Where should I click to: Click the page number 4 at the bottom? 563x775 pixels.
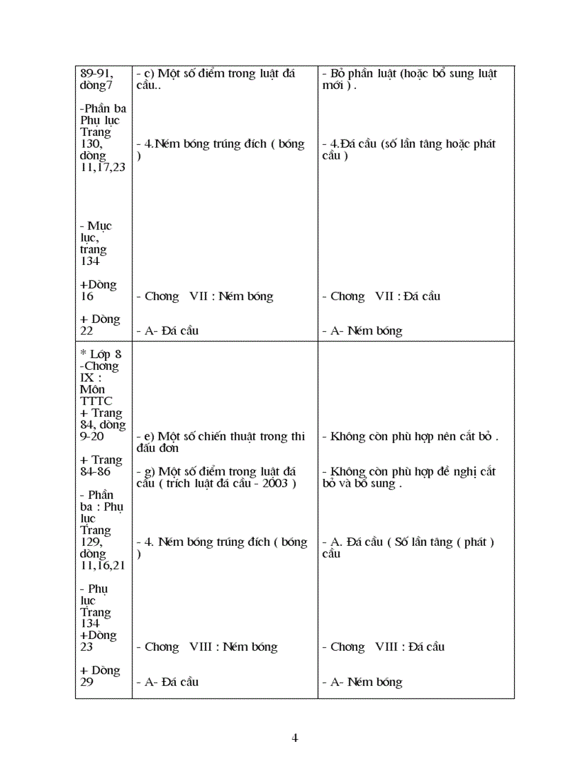click(295, 738)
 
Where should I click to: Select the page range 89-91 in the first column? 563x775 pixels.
click(97, 74)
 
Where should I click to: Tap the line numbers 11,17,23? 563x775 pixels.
click(103, 167)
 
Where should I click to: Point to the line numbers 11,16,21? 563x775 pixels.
click(103, 565)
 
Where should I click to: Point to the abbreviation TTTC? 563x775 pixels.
click(97, 401)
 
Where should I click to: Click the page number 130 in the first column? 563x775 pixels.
click(91, 144)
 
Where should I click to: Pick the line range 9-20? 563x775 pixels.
click(95, 437)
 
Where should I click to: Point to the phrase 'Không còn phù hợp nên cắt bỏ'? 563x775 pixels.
click(411, 437)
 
